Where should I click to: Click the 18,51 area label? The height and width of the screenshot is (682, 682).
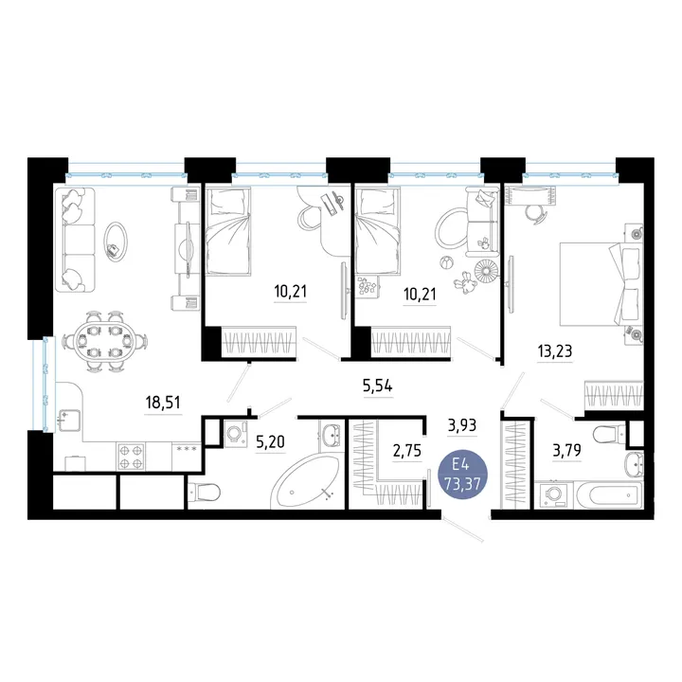[163, 403]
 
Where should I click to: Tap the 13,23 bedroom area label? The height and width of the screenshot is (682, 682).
[555, 350]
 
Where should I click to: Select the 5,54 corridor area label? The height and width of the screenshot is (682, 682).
[378, 386]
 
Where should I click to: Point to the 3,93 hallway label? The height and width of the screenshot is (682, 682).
[462, 425]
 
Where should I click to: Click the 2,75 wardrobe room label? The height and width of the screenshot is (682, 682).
[407, 451]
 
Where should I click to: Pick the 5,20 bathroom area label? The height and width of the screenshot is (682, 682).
[270, 442]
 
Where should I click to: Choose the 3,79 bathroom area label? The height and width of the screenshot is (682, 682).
[567, 450]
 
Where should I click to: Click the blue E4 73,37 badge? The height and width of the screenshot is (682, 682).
[462, 475]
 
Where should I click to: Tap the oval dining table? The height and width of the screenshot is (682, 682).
[104, 341]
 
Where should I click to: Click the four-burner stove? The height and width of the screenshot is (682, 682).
[131, 457]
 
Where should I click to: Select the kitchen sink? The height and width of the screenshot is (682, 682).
[69, 421]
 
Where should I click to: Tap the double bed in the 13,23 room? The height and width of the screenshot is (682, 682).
[601, 284]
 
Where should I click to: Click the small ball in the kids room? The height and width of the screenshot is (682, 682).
[447, 263]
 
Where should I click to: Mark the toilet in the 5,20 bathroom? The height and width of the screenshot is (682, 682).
[204, 493]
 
